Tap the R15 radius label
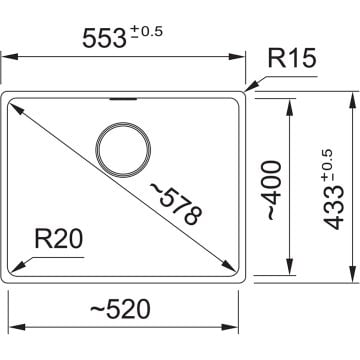pos(292,60)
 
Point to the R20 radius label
pos(58,240)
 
